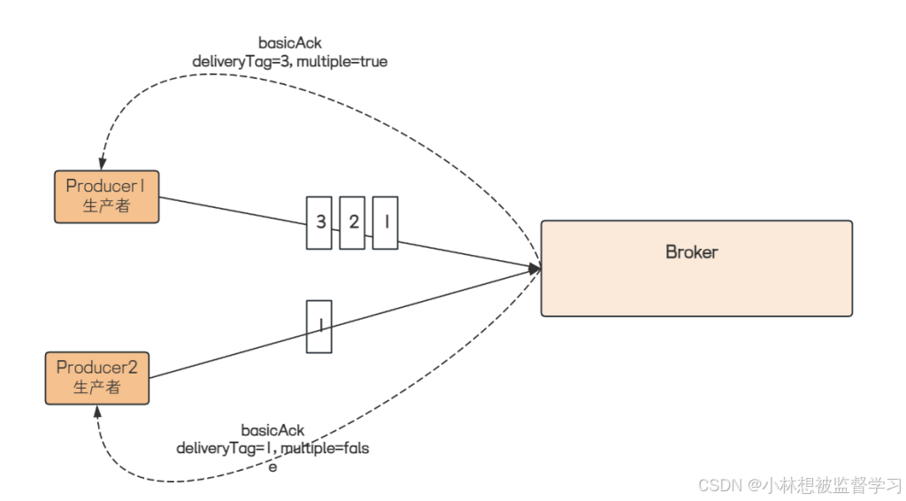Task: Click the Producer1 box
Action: (106, 197)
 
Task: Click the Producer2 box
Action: (96, 378)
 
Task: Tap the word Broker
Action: (691, 252)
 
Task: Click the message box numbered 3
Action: (319, 222)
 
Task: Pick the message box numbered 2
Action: (352, 222)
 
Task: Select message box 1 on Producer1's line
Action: (385, 222)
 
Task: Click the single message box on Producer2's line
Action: (319, 327)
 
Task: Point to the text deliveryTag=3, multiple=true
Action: (289, 62)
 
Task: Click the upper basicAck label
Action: (289, 42)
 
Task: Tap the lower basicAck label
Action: (273, 431)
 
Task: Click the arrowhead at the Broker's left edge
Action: (535, 267)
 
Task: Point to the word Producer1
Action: (105, 187)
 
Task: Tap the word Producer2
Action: (96, 367)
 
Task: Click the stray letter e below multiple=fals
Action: (273, 466)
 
